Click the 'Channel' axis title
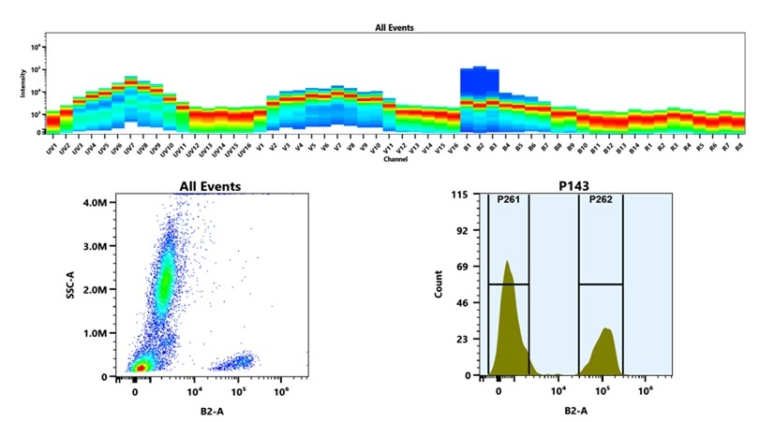click(x=394, y=160)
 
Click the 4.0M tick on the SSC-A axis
click(x=95, y=201)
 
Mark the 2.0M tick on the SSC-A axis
click(x=95, y=289)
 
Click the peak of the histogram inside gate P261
click(x=507, y=262)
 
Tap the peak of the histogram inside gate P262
click(x=606, y=328)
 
